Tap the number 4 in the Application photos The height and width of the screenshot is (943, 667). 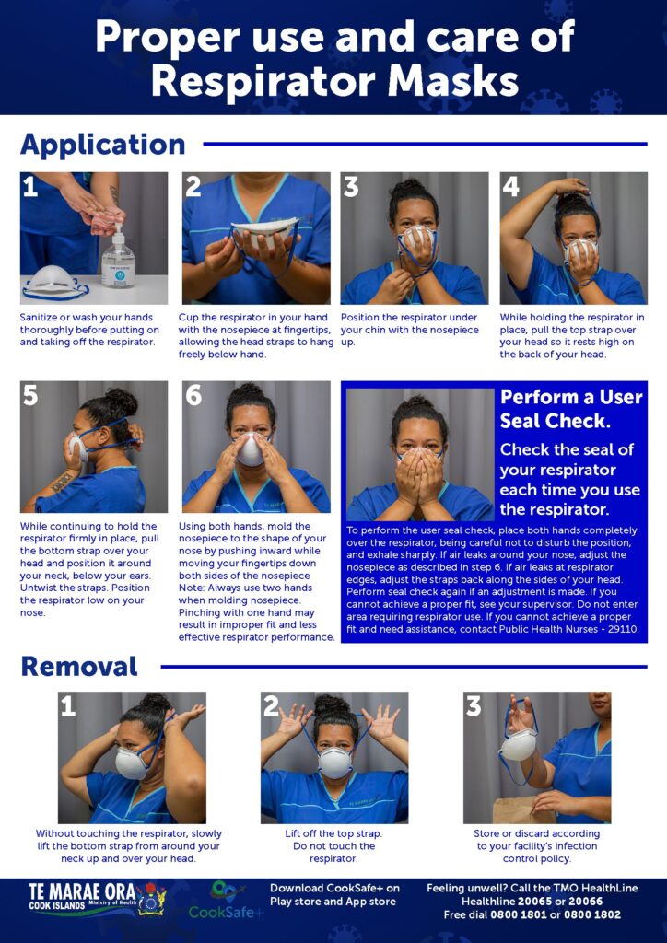click(510, 187)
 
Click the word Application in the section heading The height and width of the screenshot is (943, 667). click(103, 145)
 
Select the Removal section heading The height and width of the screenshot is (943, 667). click(79, 667)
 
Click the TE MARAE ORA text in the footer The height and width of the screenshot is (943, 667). click(82, 891)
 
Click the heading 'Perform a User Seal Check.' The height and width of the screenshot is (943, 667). click(571, 409)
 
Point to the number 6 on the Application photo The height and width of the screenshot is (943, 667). click(193, 395)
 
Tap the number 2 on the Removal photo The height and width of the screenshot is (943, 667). click(271, 706)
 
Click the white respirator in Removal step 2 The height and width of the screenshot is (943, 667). click(335, 763)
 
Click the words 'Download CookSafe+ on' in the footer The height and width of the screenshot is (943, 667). click(334, 889)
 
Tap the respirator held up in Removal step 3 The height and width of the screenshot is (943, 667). click(518, 744)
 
